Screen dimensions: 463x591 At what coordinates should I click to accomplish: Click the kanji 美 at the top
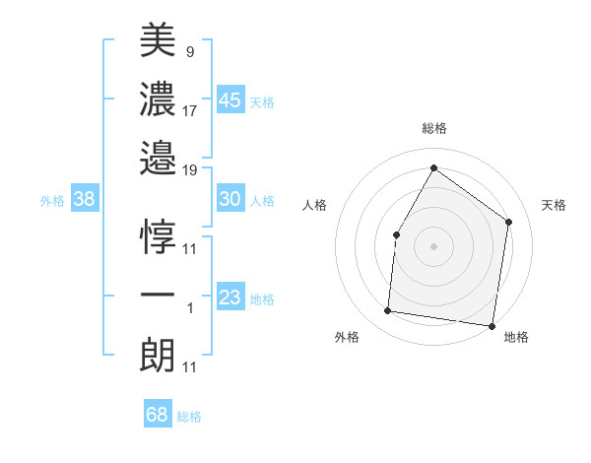coord(158,40)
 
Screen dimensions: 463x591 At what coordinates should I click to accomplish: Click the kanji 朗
coord(158,353)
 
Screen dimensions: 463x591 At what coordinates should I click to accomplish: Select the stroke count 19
coord(190,170)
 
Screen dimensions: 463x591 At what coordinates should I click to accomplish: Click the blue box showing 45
coord(230,99)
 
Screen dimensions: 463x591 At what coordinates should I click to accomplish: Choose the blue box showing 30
coord(230,199)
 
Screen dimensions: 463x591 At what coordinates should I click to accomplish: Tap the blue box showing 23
coord(230,298)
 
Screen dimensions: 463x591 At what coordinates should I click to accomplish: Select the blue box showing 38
coord(85,199)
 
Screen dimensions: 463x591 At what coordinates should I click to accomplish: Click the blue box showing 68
coord(158,415)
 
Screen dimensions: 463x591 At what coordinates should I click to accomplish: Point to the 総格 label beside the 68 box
coord(189,417)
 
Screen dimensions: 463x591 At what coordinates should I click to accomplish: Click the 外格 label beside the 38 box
coord(52,201)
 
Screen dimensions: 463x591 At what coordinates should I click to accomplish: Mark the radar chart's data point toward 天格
coord(509,222)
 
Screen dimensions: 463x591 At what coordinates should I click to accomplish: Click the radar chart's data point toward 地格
coord(492,325)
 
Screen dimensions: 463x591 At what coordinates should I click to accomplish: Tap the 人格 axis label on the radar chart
coord(314,205)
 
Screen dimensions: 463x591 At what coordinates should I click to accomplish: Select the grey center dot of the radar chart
coord(433,245)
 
